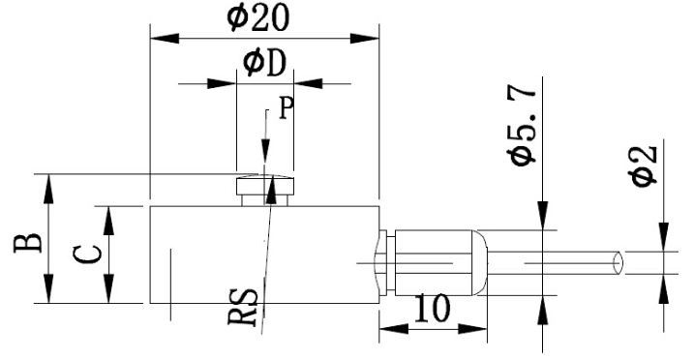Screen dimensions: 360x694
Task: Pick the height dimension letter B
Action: click(x=27, y=239)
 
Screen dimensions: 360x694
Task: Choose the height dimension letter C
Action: click(x=87, y=255)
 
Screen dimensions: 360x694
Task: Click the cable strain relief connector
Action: click(x=436, y=262)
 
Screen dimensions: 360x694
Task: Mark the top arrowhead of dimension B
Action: click(x=47, y=187)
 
